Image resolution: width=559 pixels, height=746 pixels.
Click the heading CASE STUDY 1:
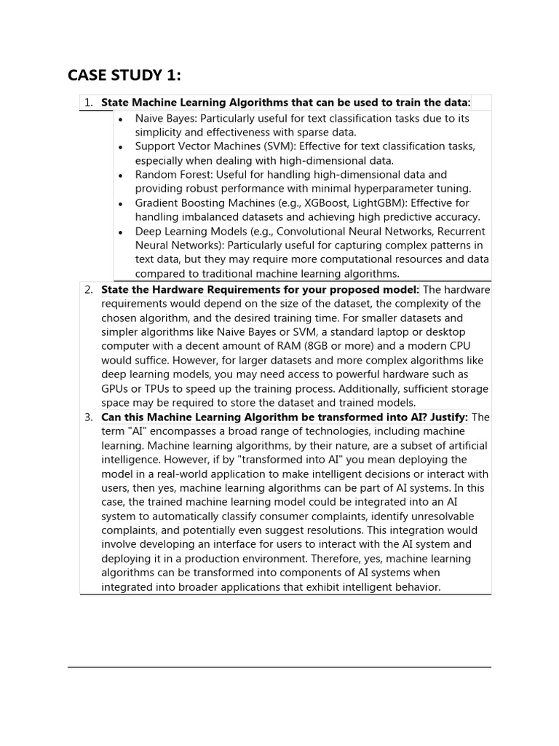(124, 76)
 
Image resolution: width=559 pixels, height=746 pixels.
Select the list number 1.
(88, 103)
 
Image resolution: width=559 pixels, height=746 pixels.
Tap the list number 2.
(88, 290)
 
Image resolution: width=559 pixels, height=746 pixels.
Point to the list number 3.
(88, 417)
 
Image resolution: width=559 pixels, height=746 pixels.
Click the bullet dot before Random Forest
(121, 176)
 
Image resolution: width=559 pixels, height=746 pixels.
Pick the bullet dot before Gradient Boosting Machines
(121, 204)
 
